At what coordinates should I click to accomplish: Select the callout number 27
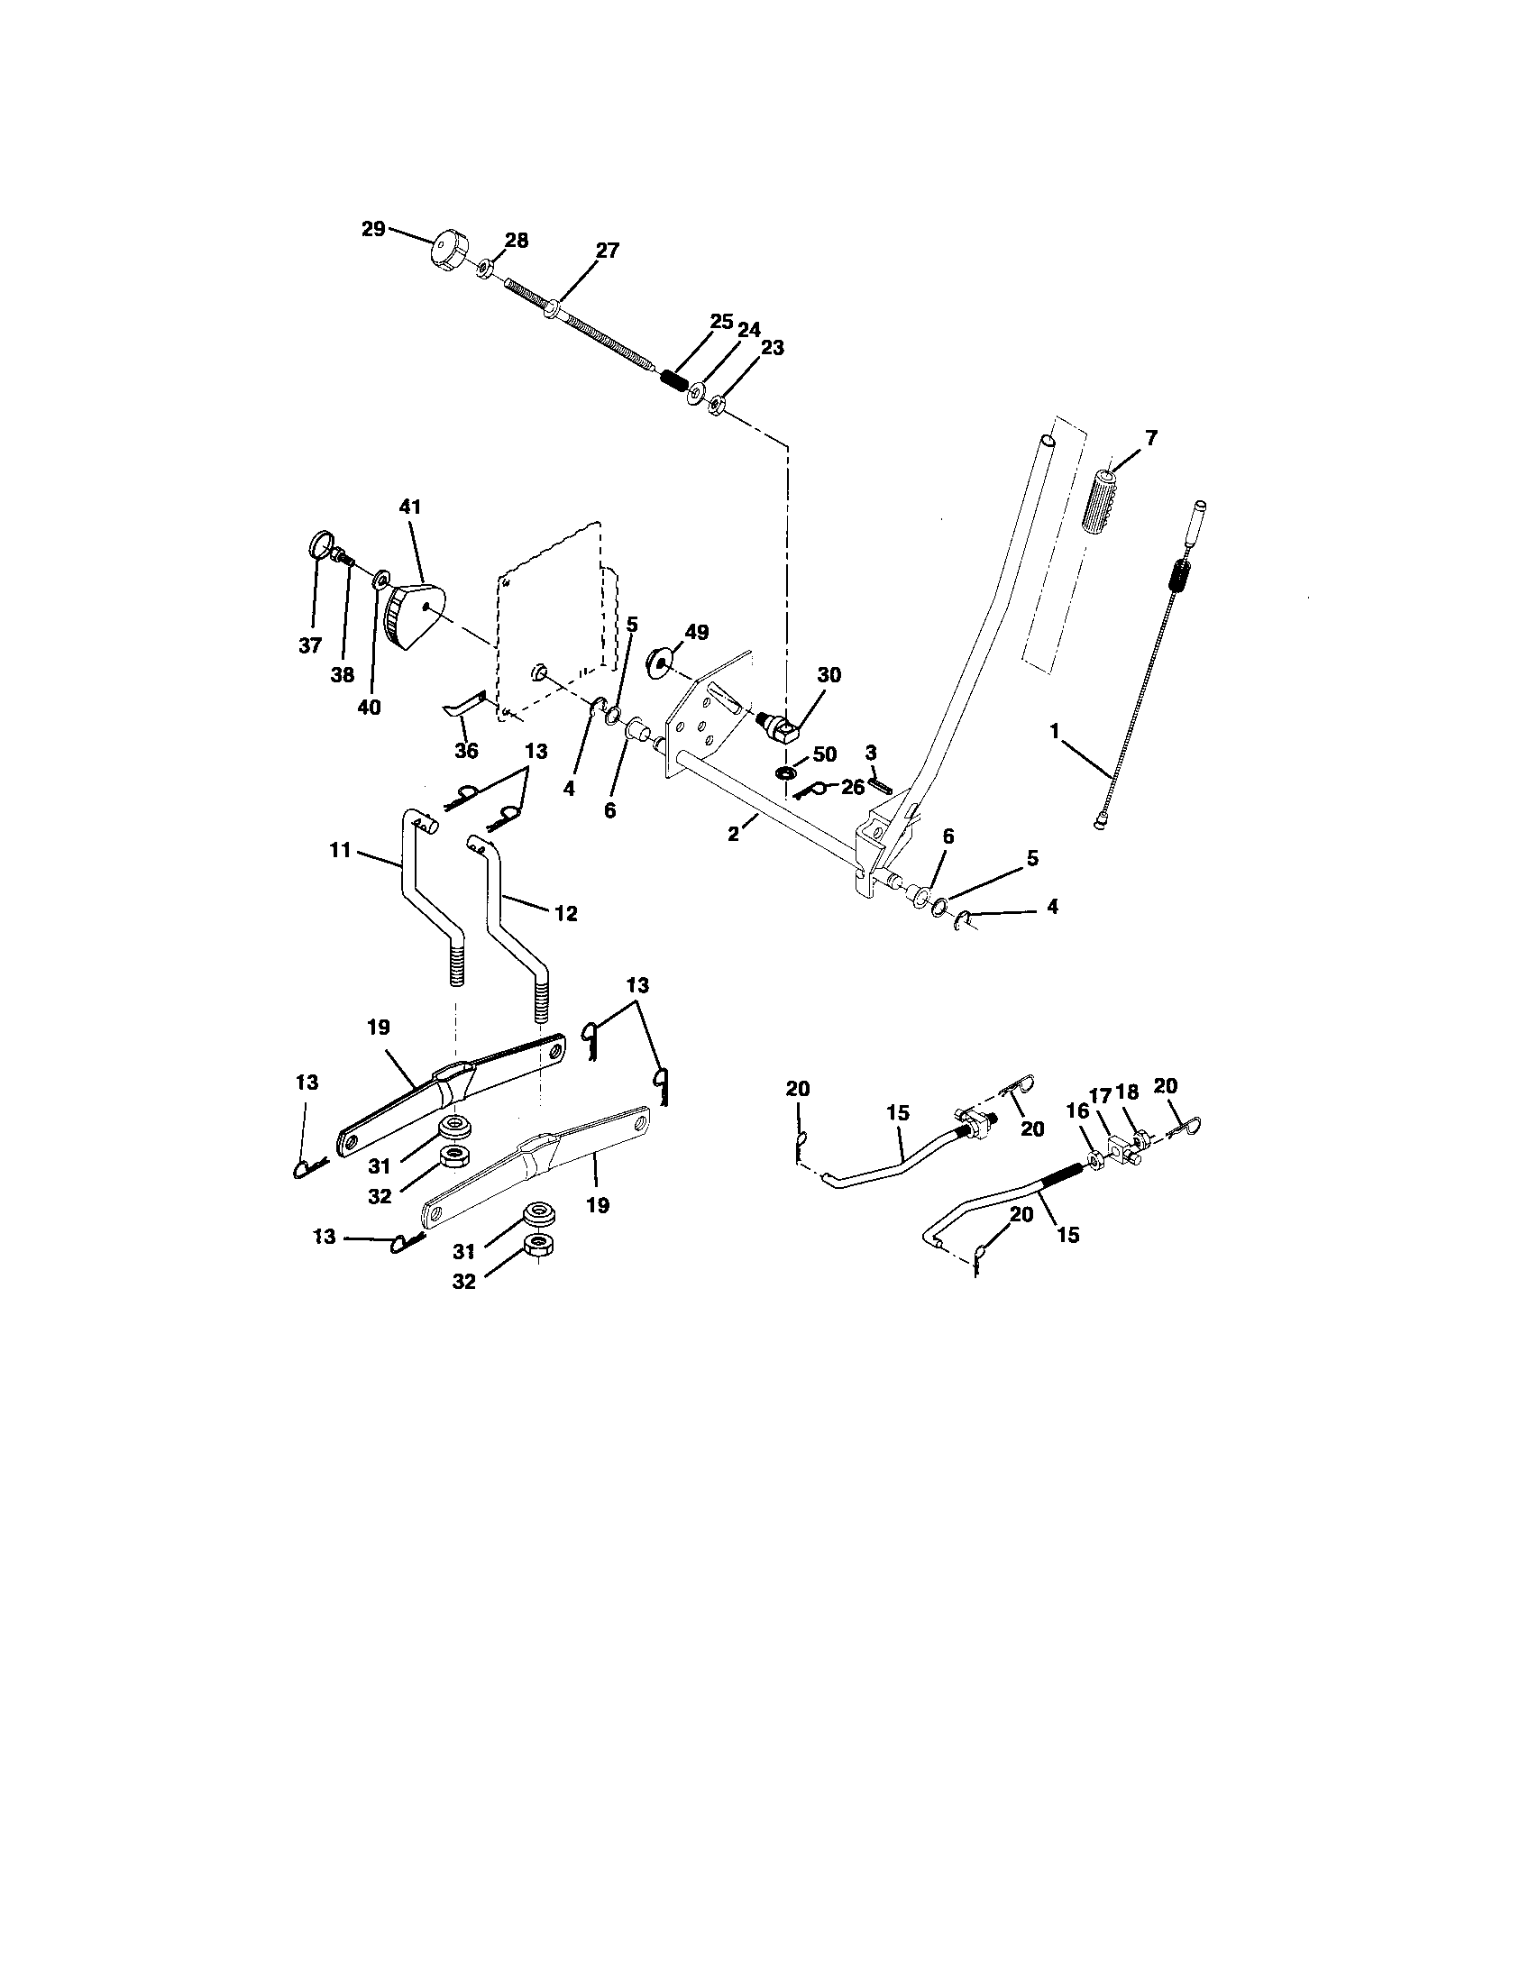click(608, 251)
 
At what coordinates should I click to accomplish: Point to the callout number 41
click(410, 507)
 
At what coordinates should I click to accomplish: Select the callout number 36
click(466, 752)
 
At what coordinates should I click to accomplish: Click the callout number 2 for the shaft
click(733, 834)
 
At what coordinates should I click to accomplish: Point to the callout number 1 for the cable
click(1055, 729)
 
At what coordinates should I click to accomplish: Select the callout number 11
click(340, 852)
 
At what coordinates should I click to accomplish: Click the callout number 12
click(564, 912)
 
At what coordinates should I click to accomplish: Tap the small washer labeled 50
click(784, 772)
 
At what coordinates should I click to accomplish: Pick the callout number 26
click(852, 787)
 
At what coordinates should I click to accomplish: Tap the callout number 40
click(369, 708)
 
